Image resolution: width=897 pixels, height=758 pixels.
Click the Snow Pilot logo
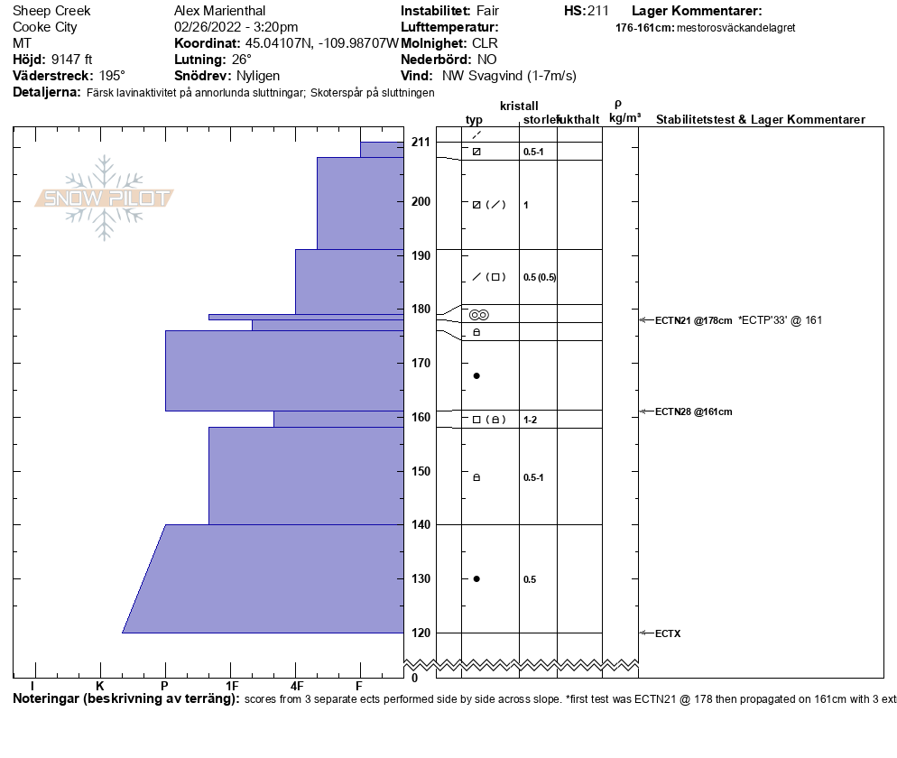[105, 199]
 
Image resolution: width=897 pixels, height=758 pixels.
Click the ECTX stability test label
[668, 633]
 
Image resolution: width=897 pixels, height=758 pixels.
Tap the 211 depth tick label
[420, 142]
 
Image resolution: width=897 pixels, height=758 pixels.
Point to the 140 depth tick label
[420, 524]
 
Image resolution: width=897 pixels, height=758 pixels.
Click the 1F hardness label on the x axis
[232, 687]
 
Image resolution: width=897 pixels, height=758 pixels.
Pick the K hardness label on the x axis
[100, 687]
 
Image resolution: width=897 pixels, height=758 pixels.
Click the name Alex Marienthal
[219, 11]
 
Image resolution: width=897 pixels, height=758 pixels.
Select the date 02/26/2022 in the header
[207, 27]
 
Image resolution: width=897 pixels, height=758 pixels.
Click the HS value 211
[598, 11]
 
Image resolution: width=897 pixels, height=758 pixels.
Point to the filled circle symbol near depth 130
[476, 578]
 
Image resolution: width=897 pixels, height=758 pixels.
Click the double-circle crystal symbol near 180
[478, 314]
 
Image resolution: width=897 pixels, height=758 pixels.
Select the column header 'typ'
[474, 120]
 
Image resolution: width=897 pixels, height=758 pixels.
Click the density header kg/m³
[624, 118]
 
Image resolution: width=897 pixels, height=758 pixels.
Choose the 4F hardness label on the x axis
[296, 687]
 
